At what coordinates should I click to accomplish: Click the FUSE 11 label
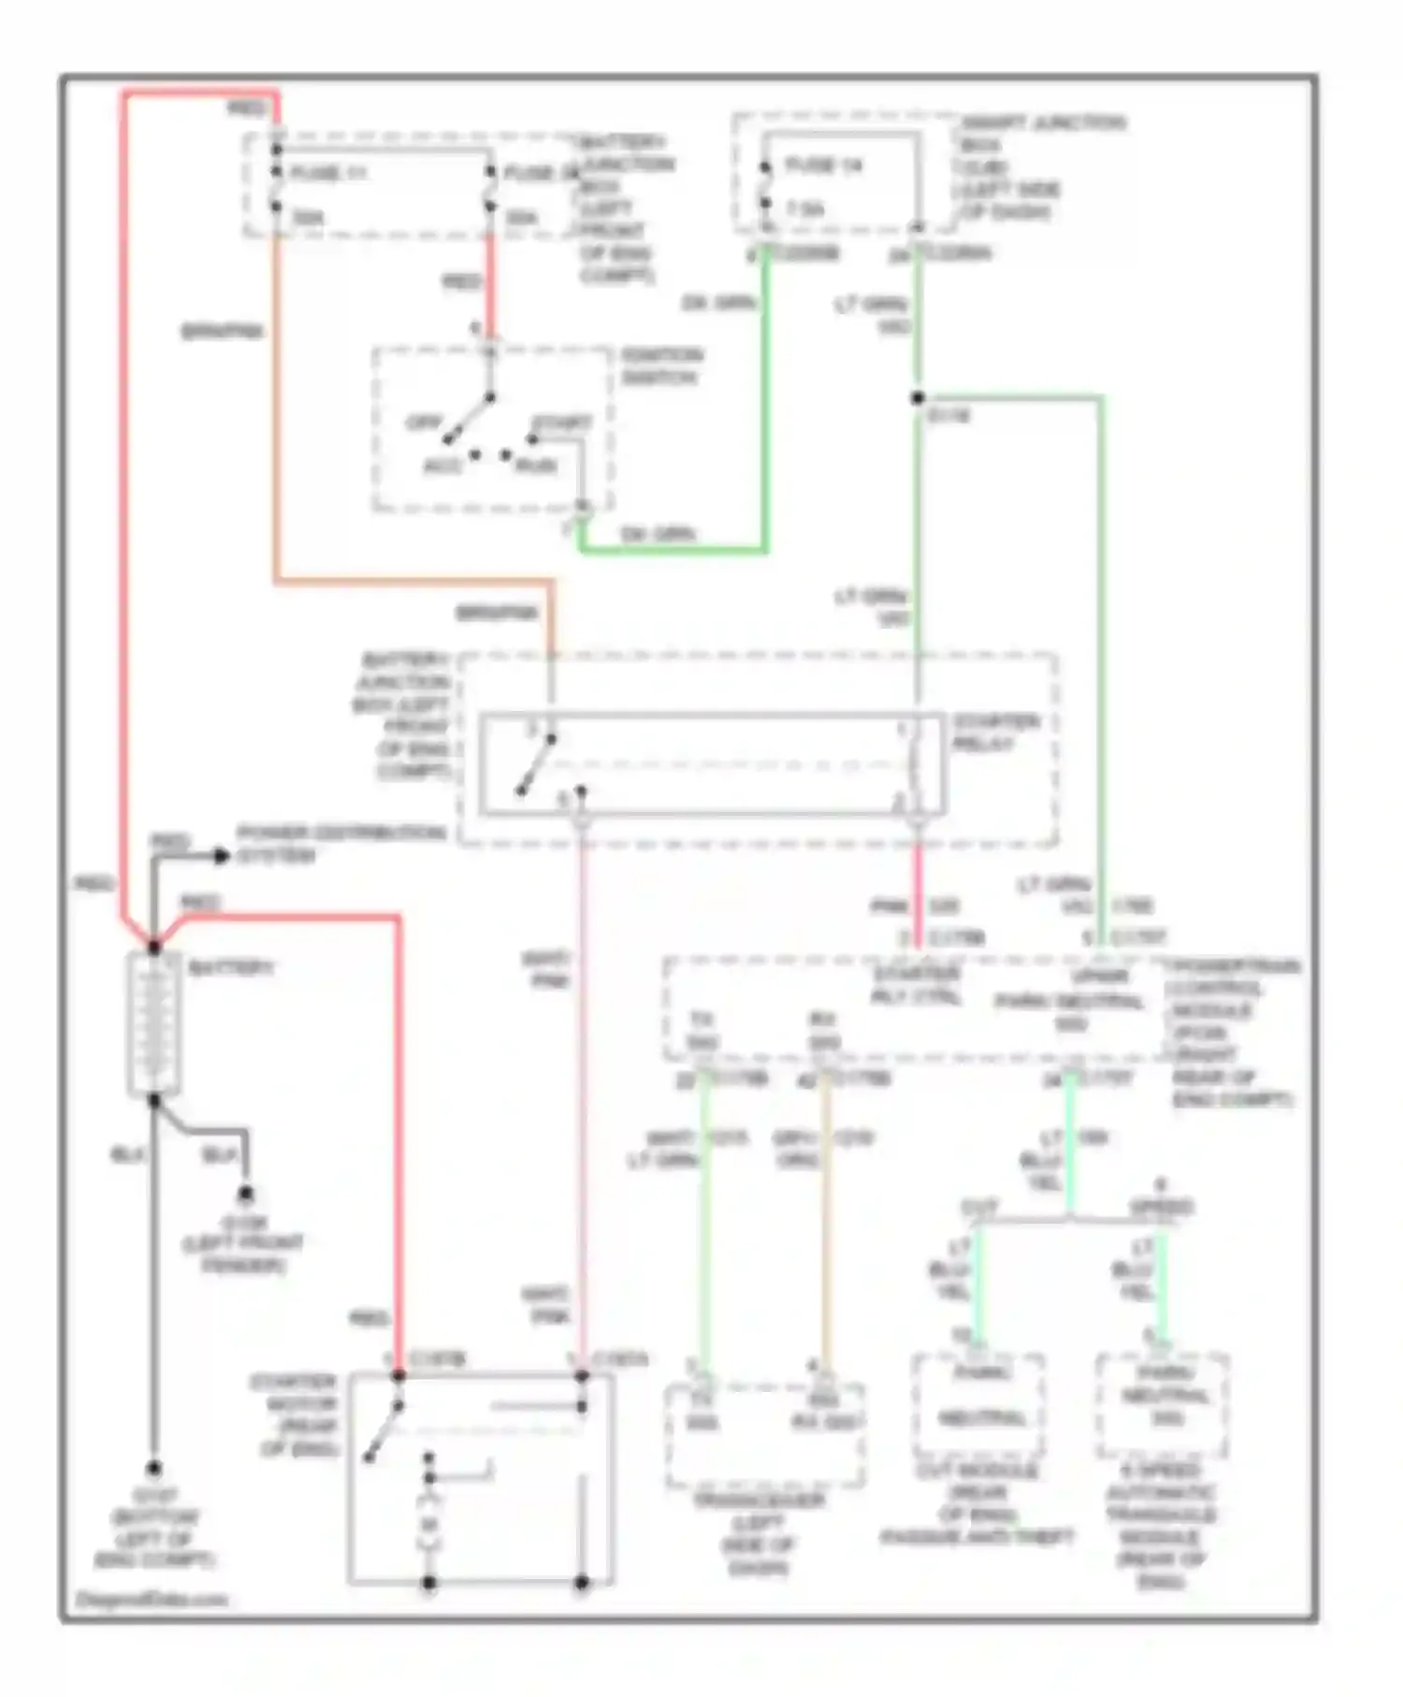click(329, 174)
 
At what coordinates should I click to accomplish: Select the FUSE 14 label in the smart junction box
click(823, 167)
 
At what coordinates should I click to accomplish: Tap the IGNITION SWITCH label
click(661, 367)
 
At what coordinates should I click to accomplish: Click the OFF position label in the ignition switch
click(423, 423)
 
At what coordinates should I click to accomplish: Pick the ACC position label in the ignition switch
click(443, 465)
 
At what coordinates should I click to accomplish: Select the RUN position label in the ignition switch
click(537, 465)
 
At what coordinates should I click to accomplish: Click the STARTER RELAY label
click(995, 732)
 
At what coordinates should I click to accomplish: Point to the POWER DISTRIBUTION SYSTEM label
click(340, 844)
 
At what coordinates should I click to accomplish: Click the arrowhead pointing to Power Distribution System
click(221, 855)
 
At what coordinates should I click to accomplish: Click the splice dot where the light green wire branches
click(918, 399)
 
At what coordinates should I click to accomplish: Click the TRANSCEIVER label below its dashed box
click(759, 1533)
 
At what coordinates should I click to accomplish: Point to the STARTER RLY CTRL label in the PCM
click(916, 985)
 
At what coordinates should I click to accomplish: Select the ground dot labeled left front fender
click(245, 1194)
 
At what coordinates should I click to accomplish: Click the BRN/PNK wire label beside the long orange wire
click(222, 331)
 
